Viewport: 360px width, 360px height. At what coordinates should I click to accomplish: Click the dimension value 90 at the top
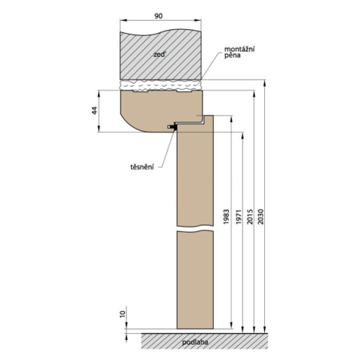159,16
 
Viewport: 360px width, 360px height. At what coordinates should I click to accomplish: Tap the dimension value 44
95,110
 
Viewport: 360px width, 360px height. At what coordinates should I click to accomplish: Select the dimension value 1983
226,217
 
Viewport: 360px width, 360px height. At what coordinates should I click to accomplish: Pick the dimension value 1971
238,217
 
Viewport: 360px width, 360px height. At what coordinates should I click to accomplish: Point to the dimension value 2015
250,217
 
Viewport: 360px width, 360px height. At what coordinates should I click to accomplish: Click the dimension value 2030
260,217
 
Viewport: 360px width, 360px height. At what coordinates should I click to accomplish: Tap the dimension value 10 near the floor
123,314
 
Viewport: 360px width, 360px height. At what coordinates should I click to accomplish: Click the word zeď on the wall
159,54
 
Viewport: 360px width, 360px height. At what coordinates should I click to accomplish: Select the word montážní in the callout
239,49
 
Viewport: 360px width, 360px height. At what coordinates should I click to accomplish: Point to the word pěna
232,55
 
